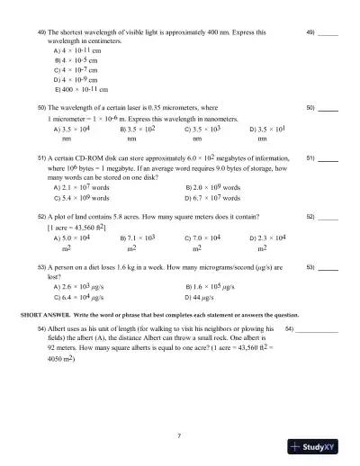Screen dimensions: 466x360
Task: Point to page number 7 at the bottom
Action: point(180,435)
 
